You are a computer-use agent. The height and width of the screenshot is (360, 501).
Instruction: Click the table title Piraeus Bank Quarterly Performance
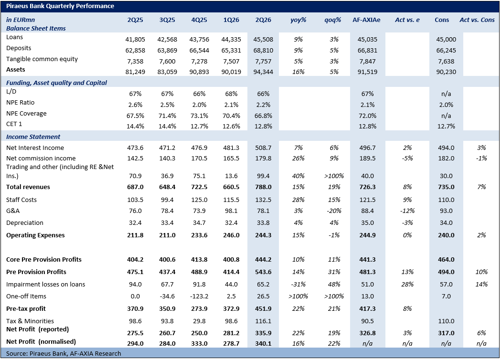click(x=60, y=6)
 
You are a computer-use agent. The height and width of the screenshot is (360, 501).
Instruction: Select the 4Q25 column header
click(x=199, y=20)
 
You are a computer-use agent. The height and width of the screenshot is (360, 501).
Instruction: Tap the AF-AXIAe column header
click(x=366, y=20)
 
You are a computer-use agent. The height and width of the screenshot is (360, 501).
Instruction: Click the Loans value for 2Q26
click(x=263, y=39)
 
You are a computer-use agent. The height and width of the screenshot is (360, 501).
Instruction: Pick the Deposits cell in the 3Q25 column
click(x=167, y=50)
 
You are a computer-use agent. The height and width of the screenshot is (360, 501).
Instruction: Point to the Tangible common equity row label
click(x=42, y=59)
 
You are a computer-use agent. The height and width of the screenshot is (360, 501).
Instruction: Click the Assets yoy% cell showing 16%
click(x=298, y=72)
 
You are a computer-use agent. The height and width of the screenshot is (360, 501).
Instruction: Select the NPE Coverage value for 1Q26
click(x=231, y=116)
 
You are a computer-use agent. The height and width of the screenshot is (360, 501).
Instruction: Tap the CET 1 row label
click(x=14, y=124)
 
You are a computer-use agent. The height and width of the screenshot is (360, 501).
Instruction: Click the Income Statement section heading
click(x=33, y=137)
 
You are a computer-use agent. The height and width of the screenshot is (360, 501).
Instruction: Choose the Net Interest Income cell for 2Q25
click(x=135, y=148)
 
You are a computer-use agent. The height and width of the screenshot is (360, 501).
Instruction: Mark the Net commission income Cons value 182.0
click(x=446, y=159)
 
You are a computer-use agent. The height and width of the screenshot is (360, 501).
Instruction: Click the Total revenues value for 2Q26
click(x=263, y=187)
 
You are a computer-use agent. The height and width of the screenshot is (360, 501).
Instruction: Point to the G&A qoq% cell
click(x=334, y=211)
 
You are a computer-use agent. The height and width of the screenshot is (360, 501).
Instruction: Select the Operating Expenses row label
click(x=35, y=235)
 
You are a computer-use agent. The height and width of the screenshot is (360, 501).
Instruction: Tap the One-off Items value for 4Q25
click(x=199, y=296)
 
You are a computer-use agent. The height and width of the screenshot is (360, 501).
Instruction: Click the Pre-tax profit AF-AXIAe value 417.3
click(x=367, y=309)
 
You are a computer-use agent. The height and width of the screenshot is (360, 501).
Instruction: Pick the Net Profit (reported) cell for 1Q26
click(x=231, y=333)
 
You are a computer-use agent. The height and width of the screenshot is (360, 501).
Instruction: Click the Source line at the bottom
click(x=64, y=354)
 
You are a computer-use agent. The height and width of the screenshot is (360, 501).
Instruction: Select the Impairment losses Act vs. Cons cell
click(x=481, y=284)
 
